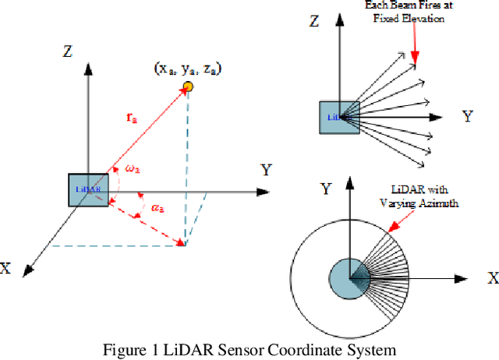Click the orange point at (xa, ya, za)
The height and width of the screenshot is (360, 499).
click(x=187, y=84)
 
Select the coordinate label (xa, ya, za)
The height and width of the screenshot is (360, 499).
click(x=188, y=69)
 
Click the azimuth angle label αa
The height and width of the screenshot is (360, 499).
click(x=157, y=206)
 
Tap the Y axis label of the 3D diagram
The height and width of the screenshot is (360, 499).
click(x=265, y=169)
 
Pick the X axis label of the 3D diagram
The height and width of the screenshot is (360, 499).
click(x=7, y=267)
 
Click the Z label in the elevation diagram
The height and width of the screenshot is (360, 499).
click(x=314, y=21)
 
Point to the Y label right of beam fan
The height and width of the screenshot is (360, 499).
click(x=467, y=116)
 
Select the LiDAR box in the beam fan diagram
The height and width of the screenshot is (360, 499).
click(x=339, y=116)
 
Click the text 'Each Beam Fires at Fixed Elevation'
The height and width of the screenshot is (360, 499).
click(x=405, y=12)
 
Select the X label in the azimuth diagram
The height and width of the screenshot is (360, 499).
click(x=492, y=277)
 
